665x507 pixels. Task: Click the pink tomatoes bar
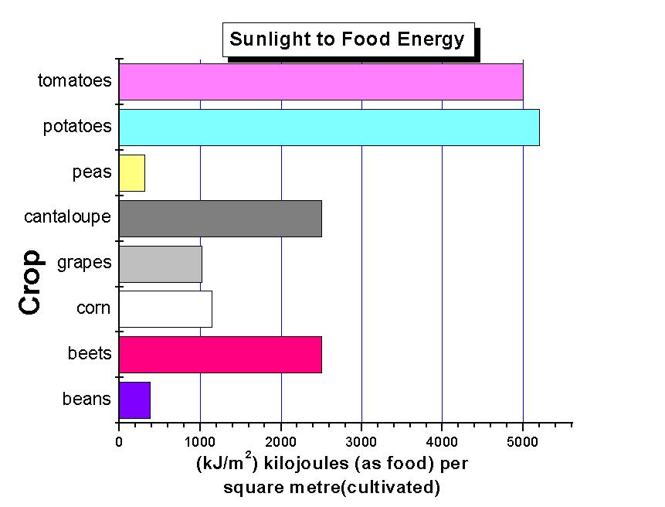coord(321,82)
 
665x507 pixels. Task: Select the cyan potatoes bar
coord(329,128)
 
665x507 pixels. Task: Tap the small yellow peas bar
coord(132,173)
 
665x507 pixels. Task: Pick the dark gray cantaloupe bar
coord(220,219)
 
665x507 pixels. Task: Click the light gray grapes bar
coord(161,264)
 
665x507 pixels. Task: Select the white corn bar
coord(165,309)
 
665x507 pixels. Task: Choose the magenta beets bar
coord(220,355)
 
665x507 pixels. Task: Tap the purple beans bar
coord(134,400)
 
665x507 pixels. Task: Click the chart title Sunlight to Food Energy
coord(348,39)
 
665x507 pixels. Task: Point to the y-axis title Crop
coord(30,282)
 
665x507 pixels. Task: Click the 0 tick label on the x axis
coord(119,441)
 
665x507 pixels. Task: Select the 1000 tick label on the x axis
coord(199,441)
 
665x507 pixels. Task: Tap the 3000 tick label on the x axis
coord(361,441)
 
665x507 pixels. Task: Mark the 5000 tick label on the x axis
coord(523,441)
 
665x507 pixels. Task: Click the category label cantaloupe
coord(67,217)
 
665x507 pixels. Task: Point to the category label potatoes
coord(77,126)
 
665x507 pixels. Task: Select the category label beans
coord(87,400)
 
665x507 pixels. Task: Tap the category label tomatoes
coord(74,80)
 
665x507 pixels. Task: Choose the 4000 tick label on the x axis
coord(442,441)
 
